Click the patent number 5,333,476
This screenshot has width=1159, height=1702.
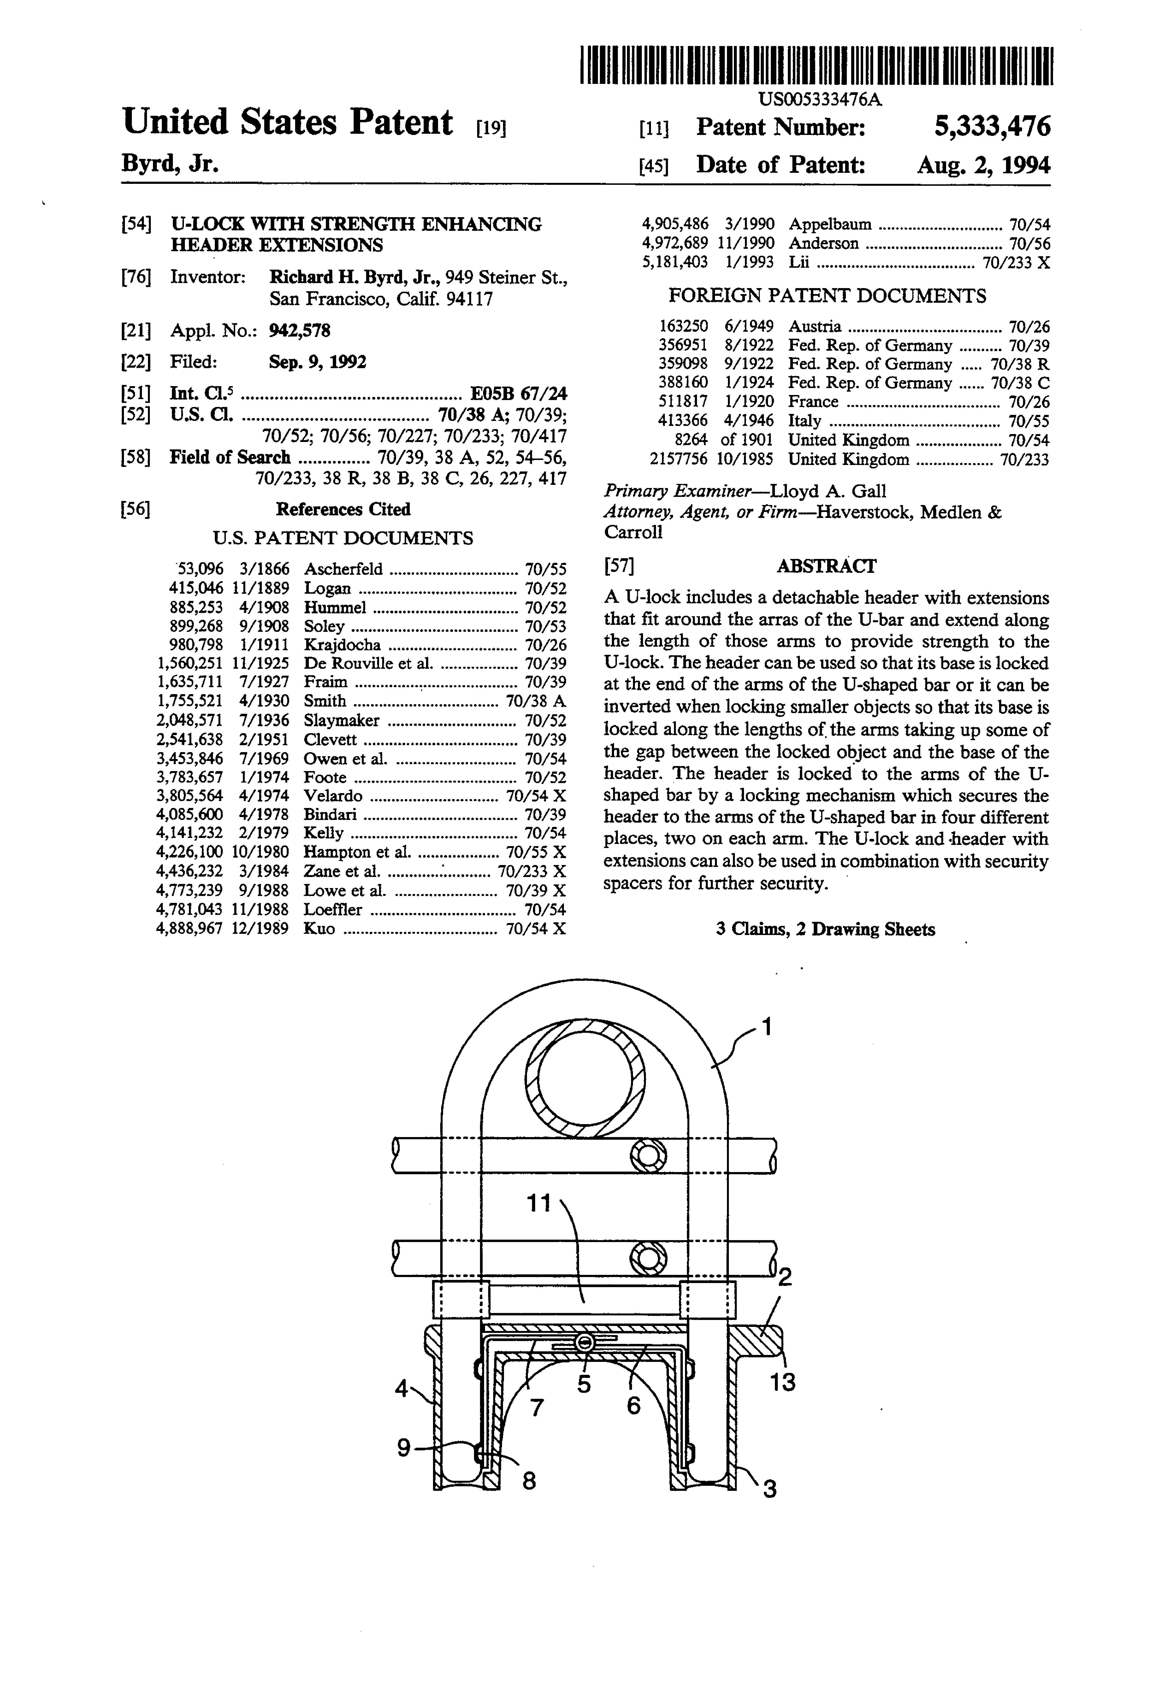[992, 128]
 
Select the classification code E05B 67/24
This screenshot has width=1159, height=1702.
[518, 393]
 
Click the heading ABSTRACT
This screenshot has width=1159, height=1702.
[826, 566]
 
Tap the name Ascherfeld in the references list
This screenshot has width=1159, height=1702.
[343, 569]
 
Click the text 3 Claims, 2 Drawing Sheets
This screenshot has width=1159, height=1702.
[825, 929]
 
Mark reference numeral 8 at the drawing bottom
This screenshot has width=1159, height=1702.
[529, 1481]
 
